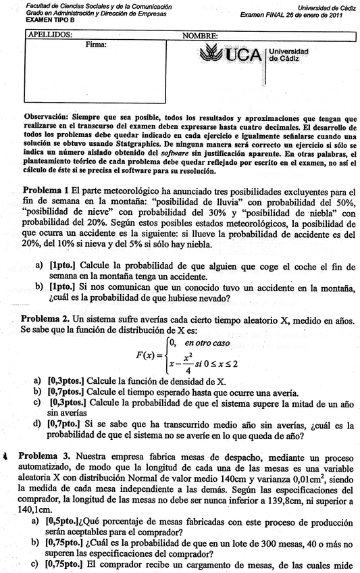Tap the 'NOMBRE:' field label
click(x=200, y=35)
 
